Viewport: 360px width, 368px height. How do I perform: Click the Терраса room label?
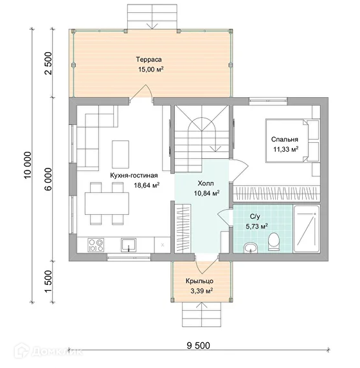148,59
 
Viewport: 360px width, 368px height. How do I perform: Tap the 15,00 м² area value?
151,69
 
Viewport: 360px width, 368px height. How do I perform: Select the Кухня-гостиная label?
134,176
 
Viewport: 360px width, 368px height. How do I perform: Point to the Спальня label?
285,140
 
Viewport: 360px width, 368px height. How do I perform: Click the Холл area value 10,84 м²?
206,194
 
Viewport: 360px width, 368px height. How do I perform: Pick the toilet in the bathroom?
274,241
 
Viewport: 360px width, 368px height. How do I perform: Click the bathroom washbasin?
251,248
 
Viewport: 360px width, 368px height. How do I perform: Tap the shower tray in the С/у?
307,229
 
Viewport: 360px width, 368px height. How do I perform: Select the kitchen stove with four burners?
96,245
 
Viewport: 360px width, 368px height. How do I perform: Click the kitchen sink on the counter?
129,245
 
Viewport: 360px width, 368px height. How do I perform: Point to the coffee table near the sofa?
121,154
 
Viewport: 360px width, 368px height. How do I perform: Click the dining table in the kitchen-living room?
107,203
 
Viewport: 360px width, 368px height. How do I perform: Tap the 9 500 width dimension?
198,345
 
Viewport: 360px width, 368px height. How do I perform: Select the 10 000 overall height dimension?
28,165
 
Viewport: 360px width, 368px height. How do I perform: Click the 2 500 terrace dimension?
48,63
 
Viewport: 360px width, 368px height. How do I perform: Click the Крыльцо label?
199,281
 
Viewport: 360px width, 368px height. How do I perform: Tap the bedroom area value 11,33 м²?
286,149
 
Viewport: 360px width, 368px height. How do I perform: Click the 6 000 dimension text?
48,179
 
